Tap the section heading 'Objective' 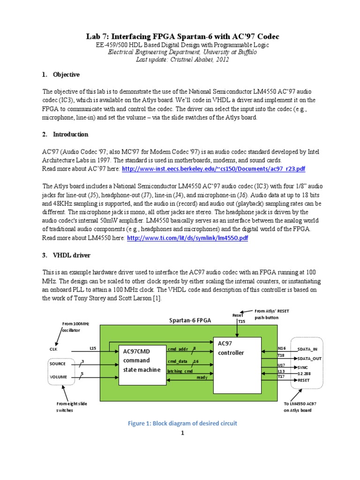point(67,75)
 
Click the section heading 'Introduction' point(70,134)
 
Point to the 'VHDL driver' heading point(71,255)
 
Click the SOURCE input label point(59,364)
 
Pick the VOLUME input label point(59,377)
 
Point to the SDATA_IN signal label point(307,350)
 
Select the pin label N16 point(281,348)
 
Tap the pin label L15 point(93,347)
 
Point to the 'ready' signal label point(202,377)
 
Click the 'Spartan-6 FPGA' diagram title point(189,321)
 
